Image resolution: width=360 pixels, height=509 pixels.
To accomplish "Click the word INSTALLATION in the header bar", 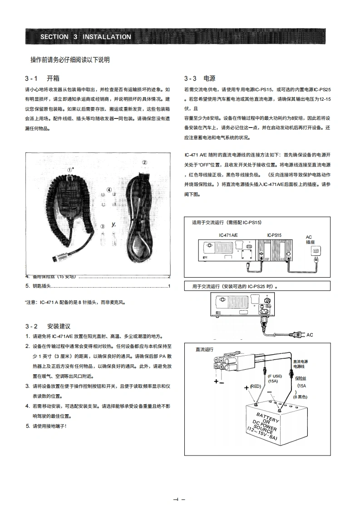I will pos(107,37).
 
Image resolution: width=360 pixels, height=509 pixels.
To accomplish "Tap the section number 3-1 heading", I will pos(34,78).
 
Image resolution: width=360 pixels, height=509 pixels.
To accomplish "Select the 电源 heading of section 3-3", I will pos(209,78).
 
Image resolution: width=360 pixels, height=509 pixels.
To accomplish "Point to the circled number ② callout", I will pos(144,162).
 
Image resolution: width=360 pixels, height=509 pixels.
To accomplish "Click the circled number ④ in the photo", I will pos(109,190).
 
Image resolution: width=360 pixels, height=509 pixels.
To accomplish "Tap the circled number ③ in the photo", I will pos(103,226).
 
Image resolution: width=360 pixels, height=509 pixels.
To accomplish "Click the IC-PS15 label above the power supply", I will pos(274,235).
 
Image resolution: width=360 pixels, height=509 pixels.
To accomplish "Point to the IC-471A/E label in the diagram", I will pos(228,235).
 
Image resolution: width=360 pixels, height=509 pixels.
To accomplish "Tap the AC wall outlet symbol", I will pos(317,250).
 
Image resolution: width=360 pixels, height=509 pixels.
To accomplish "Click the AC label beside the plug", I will pos(310,335).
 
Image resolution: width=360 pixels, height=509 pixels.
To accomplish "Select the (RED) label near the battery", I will pos(255,387).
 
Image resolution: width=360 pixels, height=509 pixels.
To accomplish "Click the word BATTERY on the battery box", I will pos(268,416).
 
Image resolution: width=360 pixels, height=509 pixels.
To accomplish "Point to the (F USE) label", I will pos(275,376).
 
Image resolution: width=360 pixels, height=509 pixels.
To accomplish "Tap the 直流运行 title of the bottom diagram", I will pos(204,349).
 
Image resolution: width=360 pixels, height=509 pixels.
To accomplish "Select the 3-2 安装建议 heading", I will pos(48,326).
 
